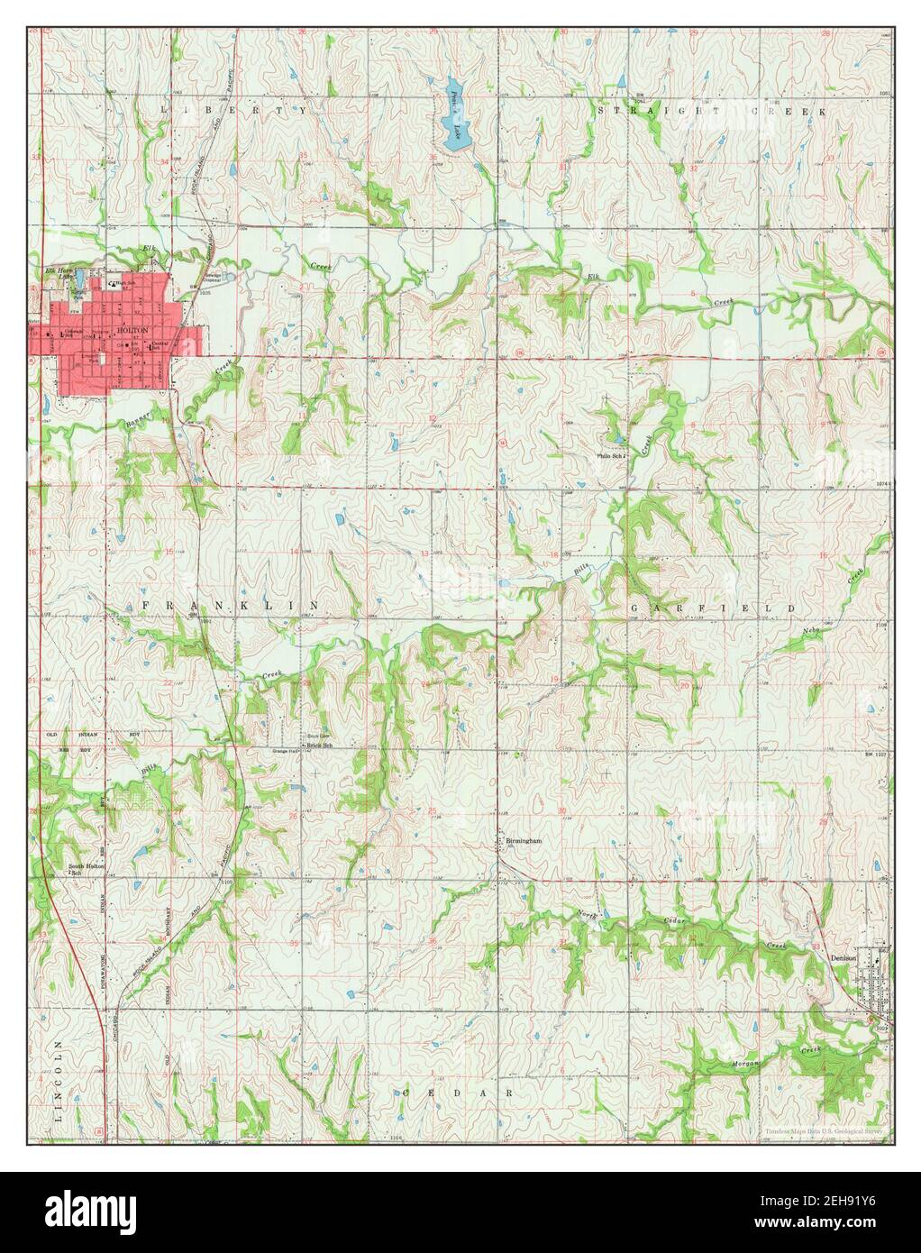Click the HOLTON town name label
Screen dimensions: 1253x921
tap(132, 331)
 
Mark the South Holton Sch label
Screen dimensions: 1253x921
tap(87, 869)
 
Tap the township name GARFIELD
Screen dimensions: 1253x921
tap(712, 608)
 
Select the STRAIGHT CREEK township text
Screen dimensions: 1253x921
tap(712, 110)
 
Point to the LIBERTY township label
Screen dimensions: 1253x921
tap(233, 109)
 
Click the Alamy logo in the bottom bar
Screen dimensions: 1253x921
tap(90, 1211)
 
